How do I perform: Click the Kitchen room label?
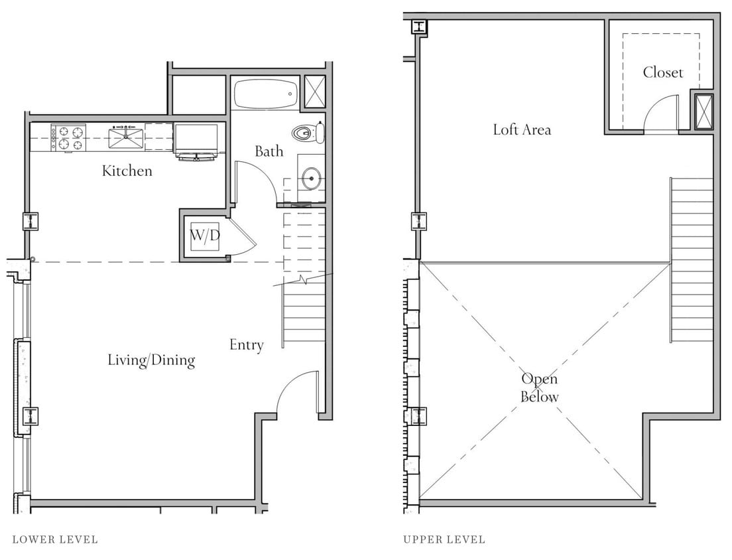click(127, 171)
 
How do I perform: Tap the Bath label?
click(269, 151)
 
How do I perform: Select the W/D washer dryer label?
click(205, 235)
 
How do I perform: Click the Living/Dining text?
click(151, 360)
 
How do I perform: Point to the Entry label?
click(246, 345)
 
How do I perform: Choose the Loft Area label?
click(522, 129)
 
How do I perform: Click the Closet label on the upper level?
click(662, 72)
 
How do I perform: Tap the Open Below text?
click(539, 387)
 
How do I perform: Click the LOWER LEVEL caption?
click(55, 539)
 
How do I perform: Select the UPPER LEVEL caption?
click(444, 539)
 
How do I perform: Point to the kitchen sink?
click(126, 138)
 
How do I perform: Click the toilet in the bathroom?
click(309, 133)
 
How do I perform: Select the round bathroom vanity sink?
click(311, 178)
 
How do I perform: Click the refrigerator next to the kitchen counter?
click(196, 141)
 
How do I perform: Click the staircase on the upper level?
click(692, 259)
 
